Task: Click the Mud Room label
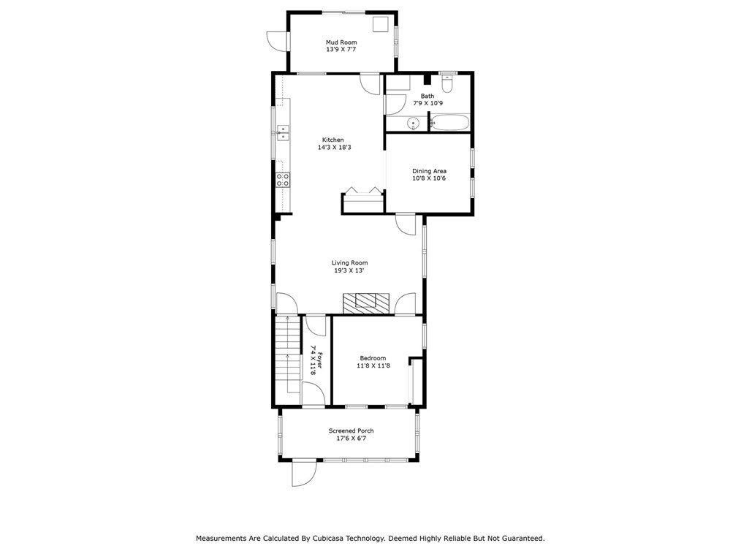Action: (341, 42)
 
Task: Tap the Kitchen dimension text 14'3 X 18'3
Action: (334, 148)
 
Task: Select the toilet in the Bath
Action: (447, 83)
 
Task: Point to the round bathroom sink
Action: (414, 124)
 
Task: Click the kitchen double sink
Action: (283, 133)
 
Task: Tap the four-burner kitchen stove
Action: (283, 179)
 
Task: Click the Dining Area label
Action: (429, 171)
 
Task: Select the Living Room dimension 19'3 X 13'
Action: (349, 271)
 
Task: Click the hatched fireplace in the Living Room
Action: (366, 303)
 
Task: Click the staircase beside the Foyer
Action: (288, 354)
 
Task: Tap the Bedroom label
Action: (373, 358)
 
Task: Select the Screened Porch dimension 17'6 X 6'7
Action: (351, 439)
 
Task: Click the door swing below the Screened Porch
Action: (303, 473)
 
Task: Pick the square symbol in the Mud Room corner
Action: (380, 25)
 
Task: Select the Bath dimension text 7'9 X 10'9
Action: (427, 103)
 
